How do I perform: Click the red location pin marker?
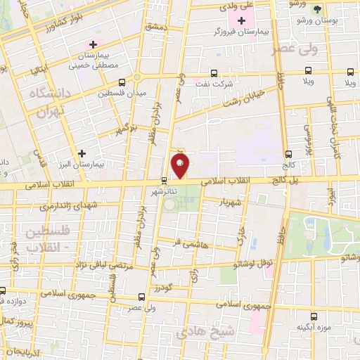pyautogui.click(x=180, y=167)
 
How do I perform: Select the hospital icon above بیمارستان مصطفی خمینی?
pyautogui.click(x=92, y=45)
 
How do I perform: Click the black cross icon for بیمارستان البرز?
pyautogui.click(x=82, y=153)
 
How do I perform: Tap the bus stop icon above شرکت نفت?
pyautogui.click(x=214, y=72)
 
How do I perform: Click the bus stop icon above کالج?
pyautogui.click(x=289, y=154)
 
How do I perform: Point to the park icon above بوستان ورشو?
pyautogui.click(x=316, y=9)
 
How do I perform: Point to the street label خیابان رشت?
pyautogui.click(x=245, y=98)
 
